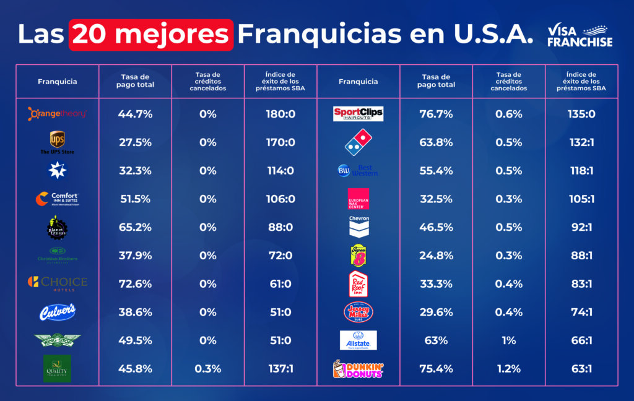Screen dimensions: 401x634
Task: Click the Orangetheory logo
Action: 58,114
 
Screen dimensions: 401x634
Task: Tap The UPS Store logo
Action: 58,142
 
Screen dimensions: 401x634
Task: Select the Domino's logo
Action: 358,142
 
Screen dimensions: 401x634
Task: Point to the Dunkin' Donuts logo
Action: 358,369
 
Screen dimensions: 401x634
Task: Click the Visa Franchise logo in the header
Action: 580,36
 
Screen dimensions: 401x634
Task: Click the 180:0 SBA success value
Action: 280,114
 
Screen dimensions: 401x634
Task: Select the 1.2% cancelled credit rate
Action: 508,369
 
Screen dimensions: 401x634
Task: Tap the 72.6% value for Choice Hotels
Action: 135,284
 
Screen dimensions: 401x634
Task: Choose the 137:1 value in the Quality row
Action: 280,369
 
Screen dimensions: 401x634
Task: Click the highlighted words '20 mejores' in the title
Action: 152,35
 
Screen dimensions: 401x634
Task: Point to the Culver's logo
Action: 58,311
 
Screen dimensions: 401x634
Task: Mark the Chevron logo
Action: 358,226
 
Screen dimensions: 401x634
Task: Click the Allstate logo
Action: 358,340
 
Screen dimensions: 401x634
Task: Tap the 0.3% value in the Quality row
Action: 207,369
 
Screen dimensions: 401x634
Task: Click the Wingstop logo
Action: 58,340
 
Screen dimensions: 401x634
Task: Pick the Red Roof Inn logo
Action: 358,283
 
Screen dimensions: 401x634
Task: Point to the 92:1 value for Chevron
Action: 581,227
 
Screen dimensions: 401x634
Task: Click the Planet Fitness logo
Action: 58,227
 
